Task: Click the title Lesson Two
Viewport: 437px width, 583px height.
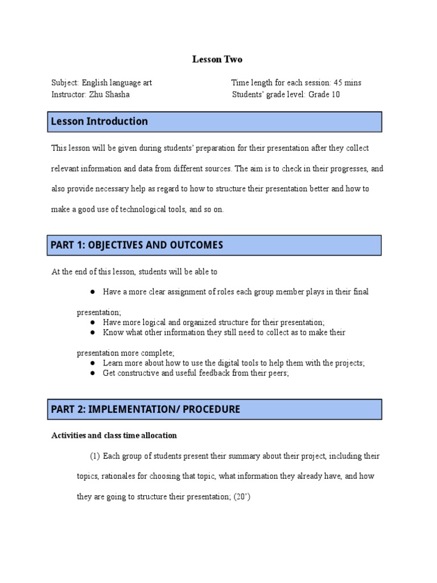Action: click(x=218, y=59)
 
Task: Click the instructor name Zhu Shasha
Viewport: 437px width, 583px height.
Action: click(x=109, y=95)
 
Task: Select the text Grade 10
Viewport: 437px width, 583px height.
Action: click(x=324, y=95)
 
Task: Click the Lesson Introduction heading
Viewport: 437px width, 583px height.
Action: click(x=99, y=121)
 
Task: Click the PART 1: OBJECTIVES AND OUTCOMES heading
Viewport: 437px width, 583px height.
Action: click(x=137, y=245)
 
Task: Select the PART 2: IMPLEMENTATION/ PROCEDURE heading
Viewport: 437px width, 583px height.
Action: click(x=145, y=409)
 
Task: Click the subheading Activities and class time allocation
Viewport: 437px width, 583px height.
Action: click(x=114, y=436)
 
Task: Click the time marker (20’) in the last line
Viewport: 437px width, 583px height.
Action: click(x=242, y=496)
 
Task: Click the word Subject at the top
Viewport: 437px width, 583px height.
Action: click(x=65, y=83)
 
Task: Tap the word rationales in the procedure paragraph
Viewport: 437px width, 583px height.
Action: click(x=117, y=476)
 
